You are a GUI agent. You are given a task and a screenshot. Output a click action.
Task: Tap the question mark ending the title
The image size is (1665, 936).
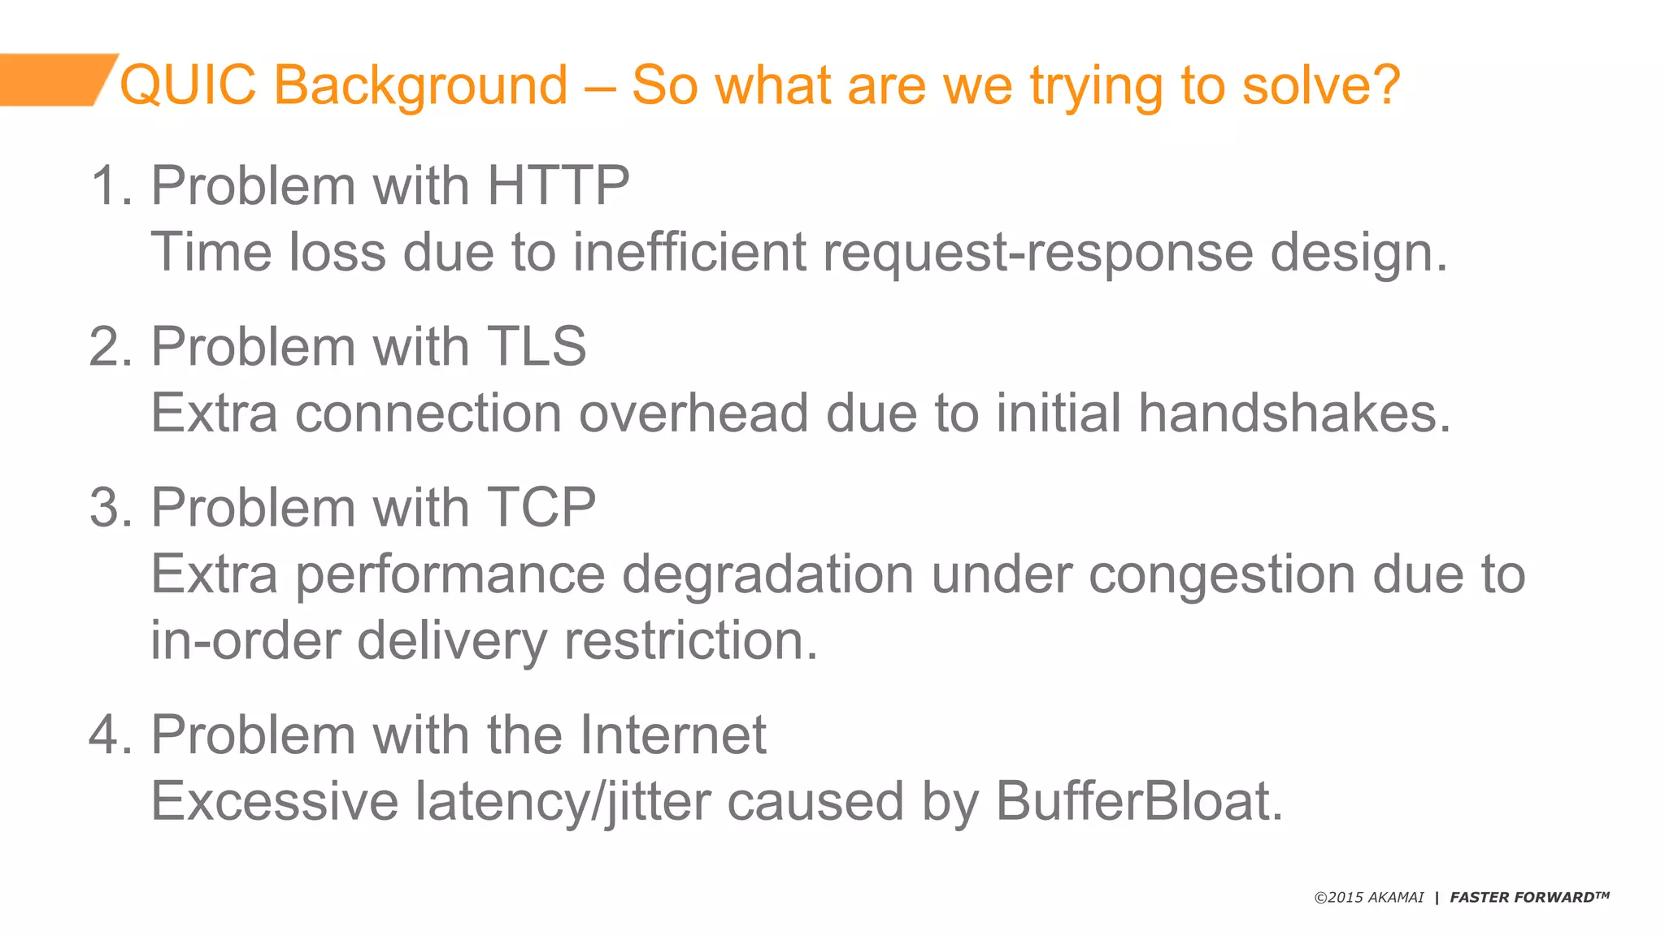pyautogui.click(x=1383, y=84)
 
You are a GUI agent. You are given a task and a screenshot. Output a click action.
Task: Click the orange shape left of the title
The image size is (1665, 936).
pyautogui.click(x=53, y=80)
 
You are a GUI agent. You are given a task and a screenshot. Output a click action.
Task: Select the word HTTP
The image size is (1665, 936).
pyautogui.click(x=558, y=185)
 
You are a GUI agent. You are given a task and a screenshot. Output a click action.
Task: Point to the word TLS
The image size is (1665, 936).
pyautogui.click(x=537, y=347)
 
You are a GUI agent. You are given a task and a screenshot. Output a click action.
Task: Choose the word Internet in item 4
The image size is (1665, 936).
pyautogui.click(x=673, y=734)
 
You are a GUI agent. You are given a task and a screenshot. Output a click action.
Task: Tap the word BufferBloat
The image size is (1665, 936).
pyautogui.click(x=1138, y=801)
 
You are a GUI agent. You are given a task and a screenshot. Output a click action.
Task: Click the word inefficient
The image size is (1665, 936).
pyautogui.click(x=689, y=252)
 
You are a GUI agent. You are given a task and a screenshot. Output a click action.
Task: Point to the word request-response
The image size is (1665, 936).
pyautogui.click(x=1037, y=253)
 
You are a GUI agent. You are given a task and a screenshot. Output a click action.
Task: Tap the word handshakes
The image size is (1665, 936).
pyautogui.click(x=1293, y=413)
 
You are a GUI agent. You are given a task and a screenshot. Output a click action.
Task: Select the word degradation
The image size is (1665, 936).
pyautogui.click(x=767, y=575)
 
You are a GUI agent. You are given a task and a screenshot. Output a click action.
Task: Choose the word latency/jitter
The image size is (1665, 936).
pyautogui.click(x=563, y=803)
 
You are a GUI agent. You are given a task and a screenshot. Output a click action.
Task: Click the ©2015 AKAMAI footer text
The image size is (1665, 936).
pyautogui.click(x=1369, y=898)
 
